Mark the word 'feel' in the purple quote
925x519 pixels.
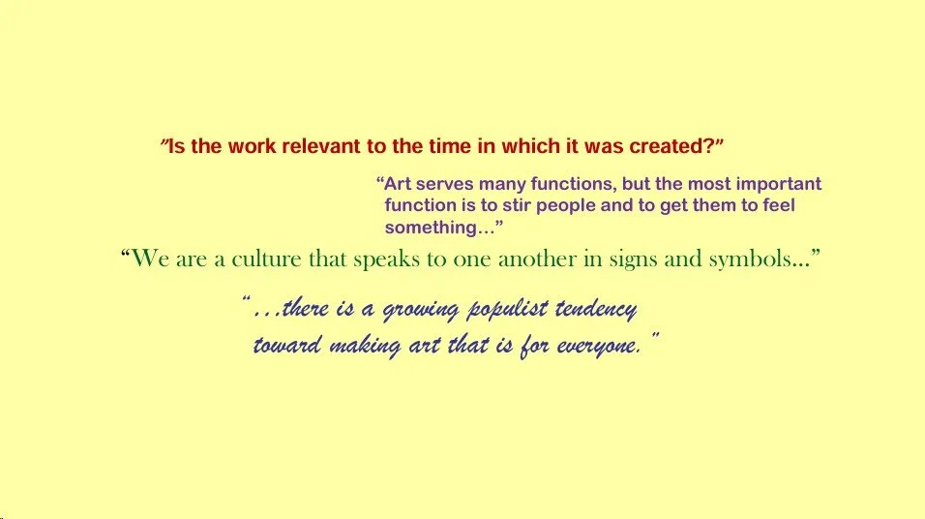pyautogui.click(x=778, y=205)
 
